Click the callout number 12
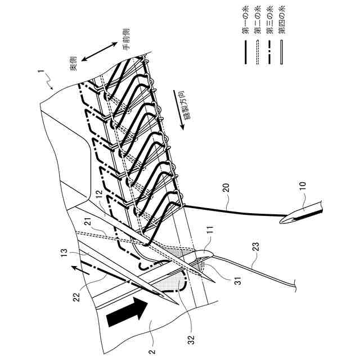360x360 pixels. (x=98, y=195)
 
